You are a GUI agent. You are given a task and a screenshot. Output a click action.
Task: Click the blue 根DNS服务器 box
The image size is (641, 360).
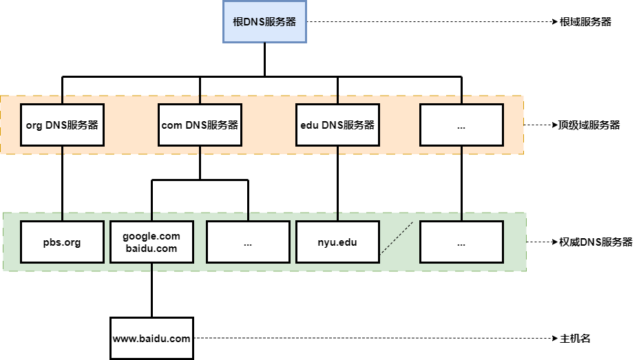click(x=264, y=22)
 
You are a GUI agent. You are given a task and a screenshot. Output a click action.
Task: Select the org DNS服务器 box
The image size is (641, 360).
click(x=62, y=125)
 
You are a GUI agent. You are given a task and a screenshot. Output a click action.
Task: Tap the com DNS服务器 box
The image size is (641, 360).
click(x=200, y=125)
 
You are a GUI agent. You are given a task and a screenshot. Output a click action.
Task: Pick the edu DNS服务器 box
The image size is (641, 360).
click(x=337, y=125)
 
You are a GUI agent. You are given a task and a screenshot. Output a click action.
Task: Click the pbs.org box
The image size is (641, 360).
click(x=62, y=242)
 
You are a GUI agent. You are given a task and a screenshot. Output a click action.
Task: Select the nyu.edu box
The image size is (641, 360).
click(x=337, y=242)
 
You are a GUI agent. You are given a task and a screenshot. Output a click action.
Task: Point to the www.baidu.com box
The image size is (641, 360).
click(x=151, y=339)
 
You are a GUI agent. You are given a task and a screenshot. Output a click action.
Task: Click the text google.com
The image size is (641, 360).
click(x=151, y=236)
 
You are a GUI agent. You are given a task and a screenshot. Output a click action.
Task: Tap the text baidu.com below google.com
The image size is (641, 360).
click(x=151, y=248)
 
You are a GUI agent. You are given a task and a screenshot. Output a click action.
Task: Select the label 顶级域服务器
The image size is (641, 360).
click(x=589, y=125)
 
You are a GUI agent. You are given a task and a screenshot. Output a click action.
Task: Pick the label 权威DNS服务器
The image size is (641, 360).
click(x=596, y=242)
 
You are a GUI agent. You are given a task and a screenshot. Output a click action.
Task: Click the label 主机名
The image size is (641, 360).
click(x=576, y=339)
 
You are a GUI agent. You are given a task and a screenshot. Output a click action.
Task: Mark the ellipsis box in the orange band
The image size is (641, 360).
click(x=461, y=125)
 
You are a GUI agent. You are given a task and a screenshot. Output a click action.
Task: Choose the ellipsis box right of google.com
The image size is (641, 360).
click(x=248, y=242)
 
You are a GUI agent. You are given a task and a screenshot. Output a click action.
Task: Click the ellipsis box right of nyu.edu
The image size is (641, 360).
click(x=461, y=242)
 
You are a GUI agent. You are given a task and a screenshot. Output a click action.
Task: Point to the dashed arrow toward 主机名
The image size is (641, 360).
click(x=372, y=339)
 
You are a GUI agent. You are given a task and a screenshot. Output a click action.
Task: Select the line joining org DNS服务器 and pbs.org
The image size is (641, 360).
click(x=62, y=183)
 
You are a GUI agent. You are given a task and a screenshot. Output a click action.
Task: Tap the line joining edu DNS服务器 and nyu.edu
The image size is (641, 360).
click(x=337, y=183)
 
